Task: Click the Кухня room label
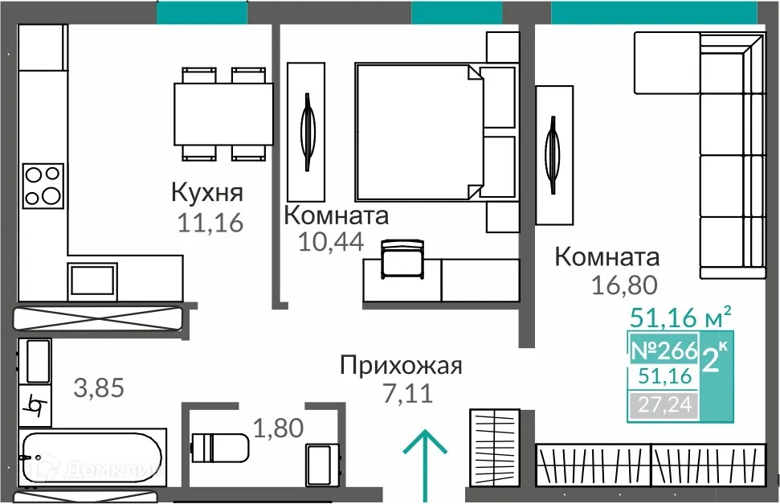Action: (207, 193)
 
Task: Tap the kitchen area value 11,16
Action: (210, 223)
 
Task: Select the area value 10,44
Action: (330, 240)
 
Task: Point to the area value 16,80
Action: (625, 284)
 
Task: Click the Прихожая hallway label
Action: (401, 367)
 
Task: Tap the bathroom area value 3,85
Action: (99, 388)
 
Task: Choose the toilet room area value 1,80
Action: (278, 428)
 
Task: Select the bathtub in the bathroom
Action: (92, 460)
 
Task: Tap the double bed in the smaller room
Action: (418, 132)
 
